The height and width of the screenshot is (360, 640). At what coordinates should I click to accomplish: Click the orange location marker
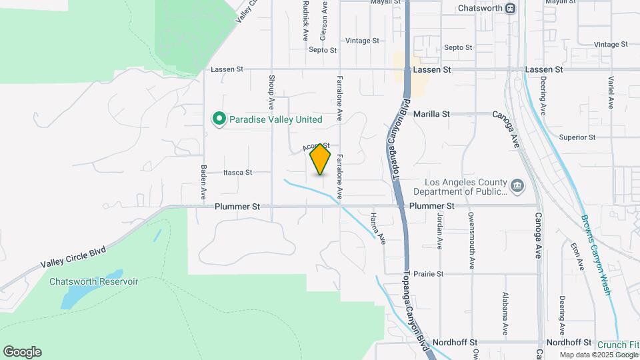point(321,159)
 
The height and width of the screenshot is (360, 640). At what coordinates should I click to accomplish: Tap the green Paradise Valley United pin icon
point(218,119)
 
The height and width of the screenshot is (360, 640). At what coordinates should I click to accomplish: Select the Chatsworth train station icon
point(510,9)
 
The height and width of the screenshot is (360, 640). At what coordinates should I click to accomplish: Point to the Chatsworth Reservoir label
point(93,281)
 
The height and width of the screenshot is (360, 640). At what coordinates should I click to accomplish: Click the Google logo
point(22,352)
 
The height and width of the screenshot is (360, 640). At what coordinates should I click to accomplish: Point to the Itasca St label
point(239,172)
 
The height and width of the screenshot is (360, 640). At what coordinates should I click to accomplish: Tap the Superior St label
point(577,137)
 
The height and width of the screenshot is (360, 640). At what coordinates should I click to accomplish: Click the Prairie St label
point(429,273)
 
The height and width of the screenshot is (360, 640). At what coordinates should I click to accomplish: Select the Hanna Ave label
point(377,228)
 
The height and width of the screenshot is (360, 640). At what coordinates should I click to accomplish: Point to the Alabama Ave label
point(505,313)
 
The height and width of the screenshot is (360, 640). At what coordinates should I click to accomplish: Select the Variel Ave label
point(611,92)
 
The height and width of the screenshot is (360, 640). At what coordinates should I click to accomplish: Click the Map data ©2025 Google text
point(598,355)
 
